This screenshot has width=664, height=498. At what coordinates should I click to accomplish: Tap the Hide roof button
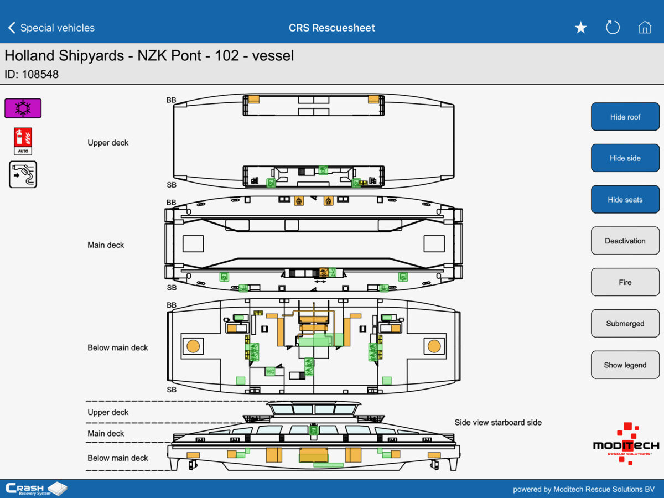[625, 117]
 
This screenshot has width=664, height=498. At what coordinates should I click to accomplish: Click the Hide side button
[625, 158]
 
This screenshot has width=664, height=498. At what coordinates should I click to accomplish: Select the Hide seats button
[625, 200]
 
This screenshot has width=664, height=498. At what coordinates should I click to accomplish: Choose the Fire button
[625, 282]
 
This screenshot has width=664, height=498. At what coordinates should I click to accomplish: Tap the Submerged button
[625, 324]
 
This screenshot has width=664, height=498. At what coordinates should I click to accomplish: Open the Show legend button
[625, 365]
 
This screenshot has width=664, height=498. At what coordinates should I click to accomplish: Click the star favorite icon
[580, 28]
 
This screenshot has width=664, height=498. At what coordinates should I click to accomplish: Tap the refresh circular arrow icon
[613, 28]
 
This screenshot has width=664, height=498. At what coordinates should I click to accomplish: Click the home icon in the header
[645, 28]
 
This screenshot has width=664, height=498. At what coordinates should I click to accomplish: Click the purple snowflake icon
[23, 108]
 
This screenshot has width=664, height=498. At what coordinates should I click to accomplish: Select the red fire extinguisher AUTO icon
[23, 141]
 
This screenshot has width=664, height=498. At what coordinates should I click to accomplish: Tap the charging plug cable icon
[23, 174]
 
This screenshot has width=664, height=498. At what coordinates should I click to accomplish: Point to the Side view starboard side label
[498, 422]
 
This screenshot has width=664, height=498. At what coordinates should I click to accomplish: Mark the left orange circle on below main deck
[193, 346]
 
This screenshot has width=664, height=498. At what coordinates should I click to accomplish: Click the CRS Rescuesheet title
[332, 28]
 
